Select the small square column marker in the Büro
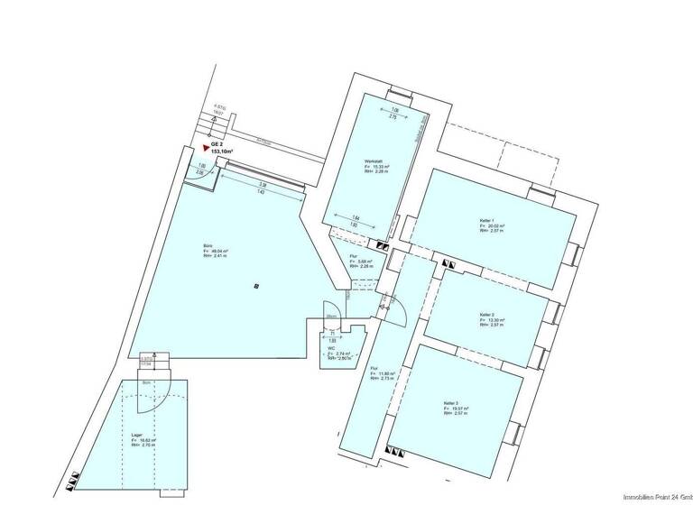(257, 286)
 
